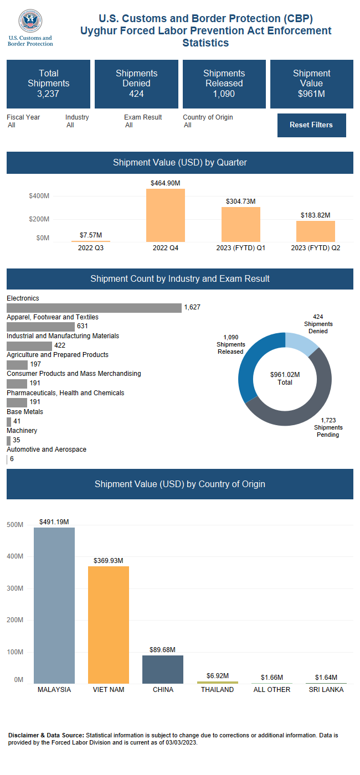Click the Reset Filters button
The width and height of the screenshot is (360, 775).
[x=311, y=125]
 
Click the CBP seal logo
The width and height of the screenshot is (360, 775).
[x=30, y=22]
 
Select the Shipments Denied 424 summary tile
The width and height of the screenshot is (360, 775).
[x=136, y=84]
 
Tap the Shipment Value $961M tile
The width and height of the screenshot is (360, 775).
[x=311, y=84]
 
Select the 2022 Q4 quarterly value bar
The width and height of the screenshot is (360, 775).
[x=166, y=215]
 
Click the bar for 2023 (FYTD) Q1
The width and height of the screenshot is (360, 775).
[x=240, y=224]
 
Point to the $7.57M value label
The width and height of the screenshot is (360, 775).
[x=91, y=235]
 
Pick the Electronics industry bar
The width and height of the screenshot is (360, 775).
[x=94, y=308]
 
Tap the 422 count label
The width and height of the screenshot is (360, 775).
[x=60, y=346]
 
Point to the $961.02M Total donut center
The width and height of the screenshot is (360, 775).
[x=285, y=379]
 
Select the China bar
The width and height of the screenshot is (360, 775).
[x=163, y=669]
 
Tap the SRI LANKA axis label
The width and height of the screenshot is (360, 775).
[x=326, y=690]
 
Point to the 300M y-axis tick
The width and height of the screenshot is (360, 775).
[x=15, y=588]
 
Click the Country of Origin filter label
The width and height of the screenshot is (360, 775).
[x=208, y=117]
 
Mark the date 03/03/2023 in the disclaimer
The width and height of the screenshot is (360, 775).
[x=181, y=743]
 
